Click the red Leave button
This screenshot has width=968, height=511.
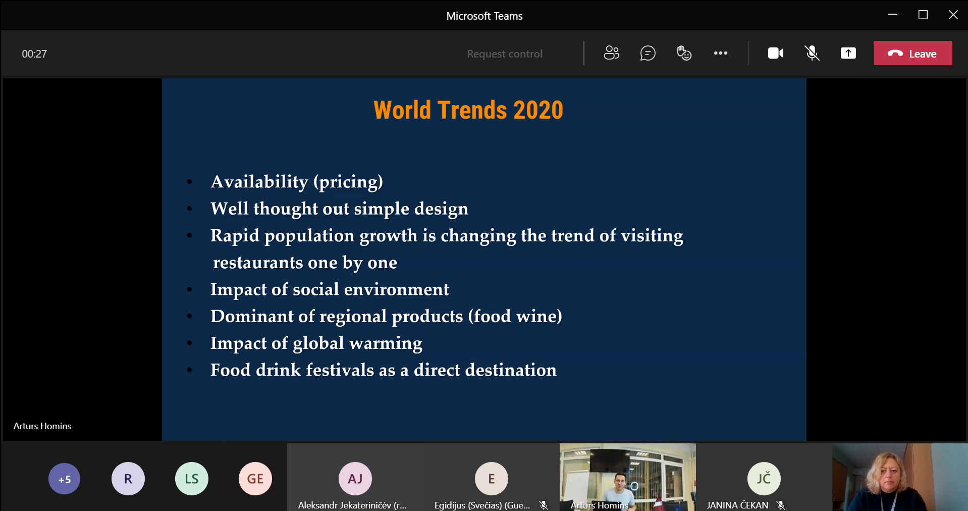click(912, 53)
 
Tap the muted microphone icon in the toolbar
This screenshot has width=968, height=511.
click(812, 53)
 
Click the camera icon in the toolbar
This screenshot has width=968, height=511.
click(776, 53)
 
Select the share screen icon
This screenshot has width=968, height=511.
click(848, 53)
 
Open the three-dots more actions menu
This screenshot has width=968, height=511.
click(720, 53)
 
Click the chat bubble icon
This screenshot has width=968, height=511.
click(648, 53)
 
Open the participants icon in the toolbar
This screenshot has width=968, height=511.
click(611, 53)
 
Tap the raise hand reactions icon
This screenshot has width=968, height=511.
click(684, 53)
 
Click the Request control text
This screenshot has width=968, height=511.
click(505, 54)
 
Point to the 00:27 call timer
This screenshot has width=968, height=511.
click(34, 54)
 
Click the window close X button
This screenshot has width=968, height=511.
click(953, 15)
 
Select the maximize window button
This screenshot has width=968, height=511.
click(923, 15)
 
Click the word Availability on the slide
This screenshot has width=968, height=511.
click(259, 182)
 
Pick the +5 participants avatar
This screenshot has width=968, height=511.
click(64, 479)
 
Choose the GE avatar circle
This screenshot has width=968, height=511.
click(255, 479)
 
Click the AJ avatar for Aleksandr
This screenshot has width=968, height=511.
click(355, 479)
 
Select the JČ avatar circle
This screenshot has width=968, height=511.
click(764, 479)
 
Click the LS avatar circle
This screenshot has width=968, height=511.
click(192, 479)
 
